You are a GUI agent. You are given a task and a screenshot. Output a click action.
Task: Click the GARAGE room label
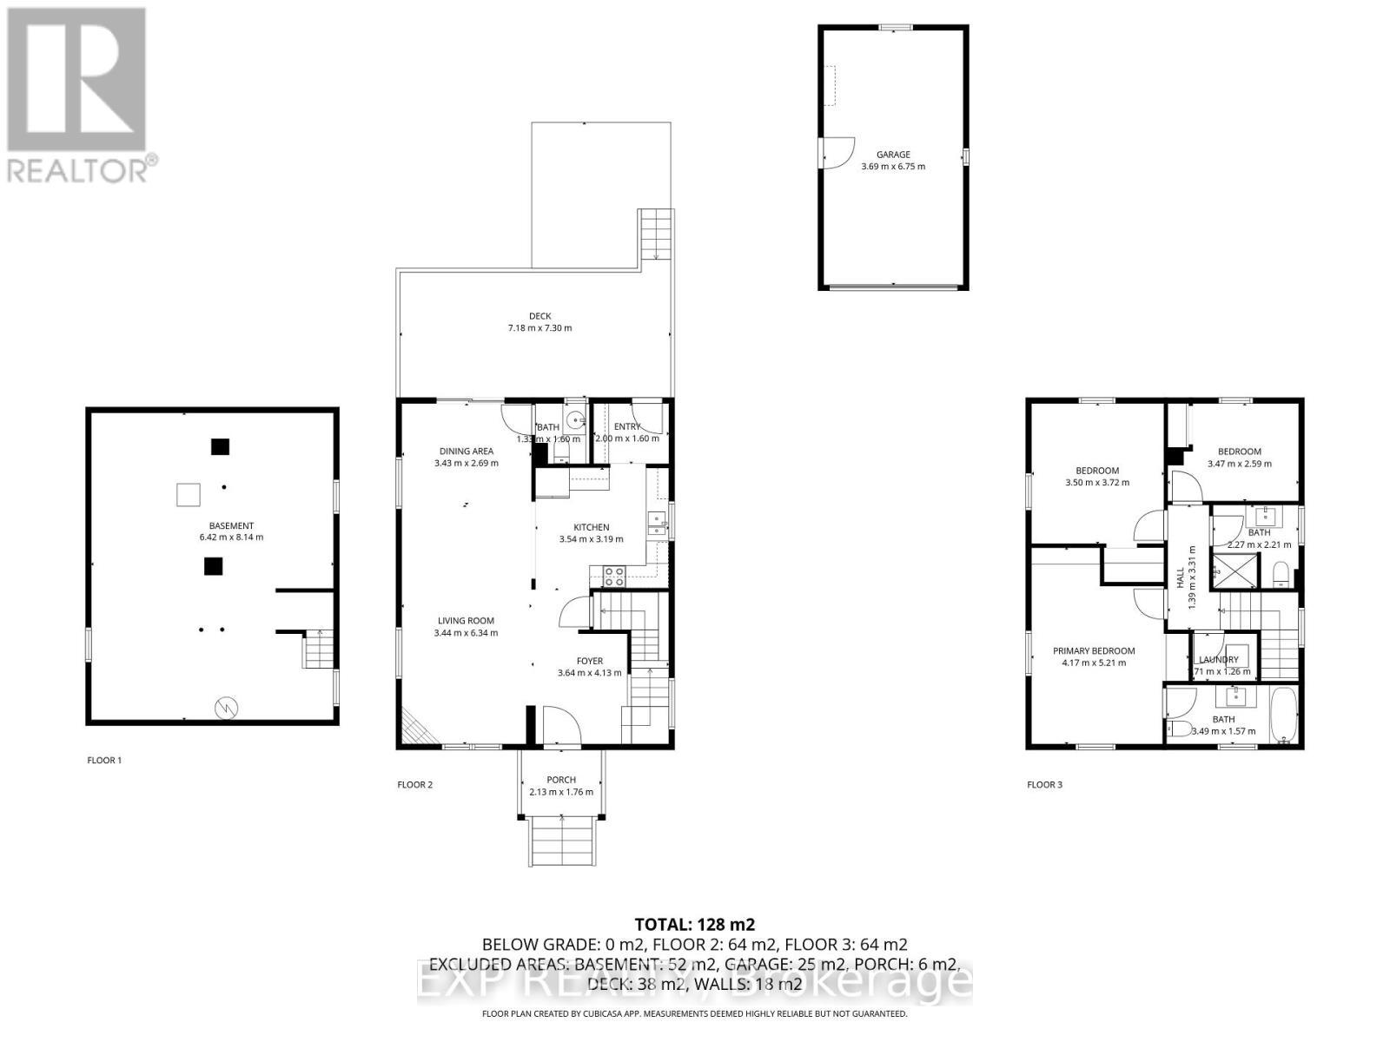click(x=893, y=155)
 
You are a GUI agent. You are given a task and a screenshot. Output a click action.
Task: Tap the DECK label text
click(x=539, y=316)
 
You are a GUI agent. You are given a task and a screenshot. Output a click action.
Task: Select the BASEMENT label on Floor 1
click(x=231, y=525)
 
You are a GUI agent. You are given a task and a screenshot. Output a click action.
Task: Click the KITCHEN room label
click(x=591, y=527)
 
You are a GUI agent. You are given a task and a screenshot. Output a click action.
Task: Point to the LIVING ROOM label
click(x=466, y=621)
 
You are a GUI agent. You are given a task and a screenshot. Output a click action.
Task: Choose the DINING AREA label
click(x=466, y=451)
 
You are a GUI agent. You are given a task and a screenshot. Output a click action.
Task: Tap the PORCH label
click(x=561, y=780)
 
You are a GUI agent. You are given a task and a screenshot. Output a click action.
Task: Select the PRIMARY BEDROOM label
click(x=1094, y=650)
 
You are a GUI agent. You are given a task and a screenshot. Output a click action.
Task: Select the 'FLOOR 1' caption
click(x=104, y=761)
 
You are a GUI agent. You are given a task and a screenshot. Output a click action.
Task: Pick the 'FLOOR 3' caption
click(x=1044, y=785)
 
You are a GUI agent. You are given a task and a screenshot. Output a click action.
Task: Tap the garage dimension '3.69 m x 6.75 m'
click(x=893, y=167)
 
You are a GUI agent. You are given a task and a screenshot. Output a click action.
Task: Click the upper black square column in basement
click(x=221, y=447)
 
